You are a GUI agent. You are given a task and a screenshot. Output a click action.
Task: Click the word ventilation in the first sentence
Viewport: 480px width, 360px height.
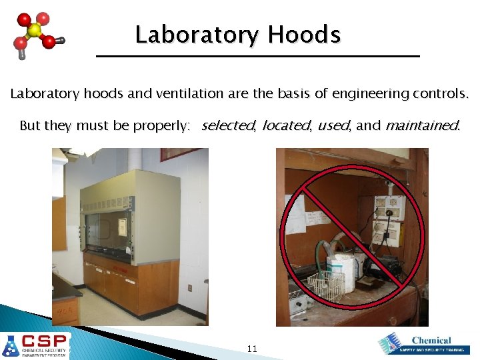tap(189, 94)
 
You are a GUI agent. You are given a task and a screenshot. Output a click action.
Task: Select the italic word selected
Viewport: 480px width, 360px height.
tap(227, 125)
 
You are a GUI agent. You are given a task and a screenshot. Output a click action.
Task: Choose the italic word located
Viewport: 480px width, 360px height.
tap(286, 125)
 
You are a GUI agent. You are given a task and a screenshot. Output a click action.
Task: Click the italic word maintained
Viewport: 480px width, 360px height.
tap(422, 125)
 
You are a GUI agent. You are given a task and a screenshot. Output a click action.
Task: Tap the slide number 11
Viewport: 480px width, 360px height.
tap(252, 349)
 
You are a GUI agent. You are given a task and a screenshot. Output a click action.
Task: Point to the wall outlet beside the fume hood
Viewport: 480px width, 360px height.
tap(190, 288)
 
